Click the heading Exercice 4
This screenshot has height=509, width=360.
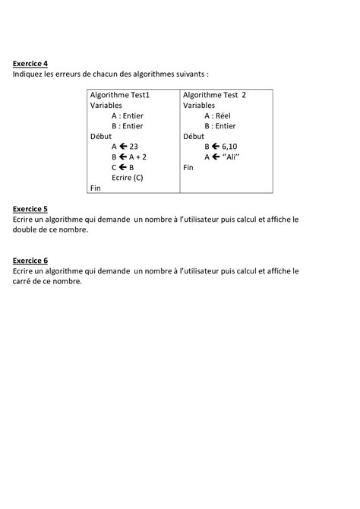[30, 64]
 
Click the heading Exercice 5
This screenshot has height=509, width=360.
[30, 208]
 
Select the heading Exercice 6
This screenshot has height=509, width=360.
[30, 260]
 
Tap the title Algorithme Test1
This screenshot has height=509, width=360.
[120, 95]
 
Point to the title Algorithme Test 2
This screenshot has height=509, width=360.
[215, 95]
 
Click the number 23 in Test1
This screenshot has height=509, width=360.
[134, 147]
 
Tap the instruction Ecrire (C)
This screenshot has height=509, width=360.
[127, 177]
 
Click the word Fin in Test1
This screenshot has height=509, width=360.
[95, 188]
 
